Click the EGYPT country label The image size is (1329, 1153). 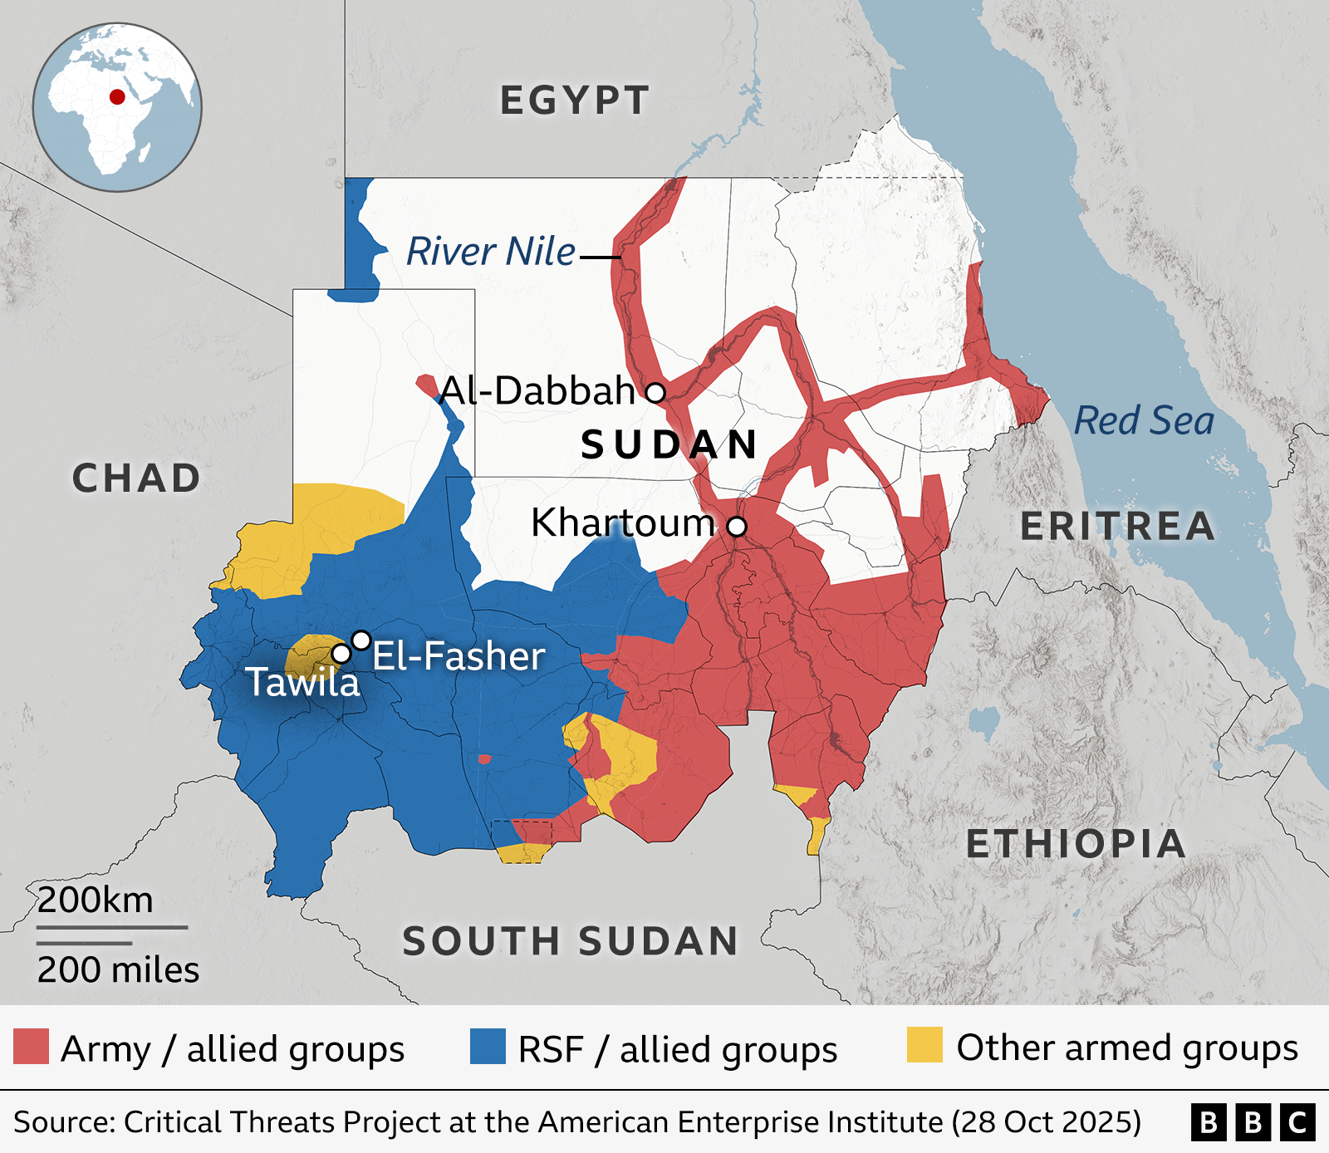point(574,101)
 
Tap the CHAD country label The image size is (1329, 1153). point(136,478)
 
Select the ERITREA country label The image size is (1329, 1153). point(1117,526)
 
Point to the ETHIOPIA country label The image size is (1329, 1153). point(1076,844)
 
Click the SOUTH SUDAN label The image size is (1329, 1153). point(571,941)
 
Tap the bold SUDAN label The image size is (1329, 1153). point(669,444)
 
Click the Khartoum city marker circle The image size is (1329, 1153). point(737,526)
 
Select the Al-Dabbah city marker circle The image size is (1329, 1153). point(655,391)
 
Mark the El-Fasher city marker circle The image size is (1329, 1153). point(361,640)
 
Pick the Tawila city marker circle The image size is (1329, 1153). point(341,654)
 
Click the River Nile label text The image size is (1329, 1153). point(490,251)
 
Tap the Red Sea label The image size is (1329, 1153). point(1144,420)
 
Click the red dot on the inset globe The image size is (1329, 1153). point(117,96)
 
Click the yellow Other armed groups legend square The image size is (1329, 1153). point(924,1045)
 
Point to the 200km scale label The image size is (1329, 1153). point(96,900)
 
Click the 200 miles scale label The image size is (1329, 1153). point(118,969)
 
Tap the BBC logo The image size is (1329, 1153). point(1253,1122)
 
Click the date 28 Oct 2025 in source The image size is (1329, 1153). point(1047,1122)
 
